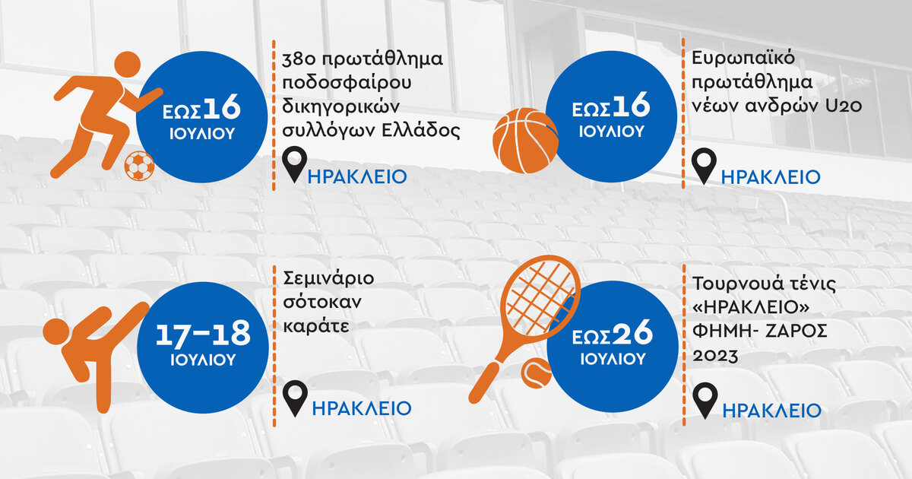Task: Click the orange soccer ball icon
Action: (x=139, y=167)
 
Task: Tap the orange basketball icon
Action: (x=525, y=141)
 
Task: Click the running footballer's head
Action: (x=127, y=65)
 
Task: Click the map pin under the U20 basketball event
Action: (x=704, y=166)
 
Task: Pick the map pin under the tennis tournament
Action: (x=705, y=401)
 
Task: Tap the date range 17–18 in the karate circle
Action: (x=203, y=333)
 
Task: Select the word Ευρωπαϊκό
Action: (x=743, y=59)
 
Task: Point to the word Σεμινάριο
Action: (x=328, y=279)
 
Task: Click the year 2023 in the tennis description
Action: (x=715, y=356)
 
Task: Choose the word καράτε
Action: (x=316, y=326)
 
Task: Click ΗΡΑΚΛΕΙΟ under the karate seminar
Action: (x=362, y=408)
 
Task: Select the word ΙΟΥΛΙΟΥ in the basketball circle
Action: (x=612, y=132)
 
